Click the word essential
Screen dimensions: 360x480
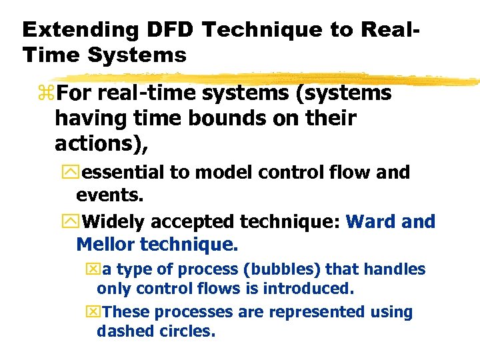[123, 172]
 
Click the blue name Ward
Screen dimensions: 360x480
[373, 221]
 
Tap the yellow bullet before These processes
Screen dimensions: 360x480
[91, 312]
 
